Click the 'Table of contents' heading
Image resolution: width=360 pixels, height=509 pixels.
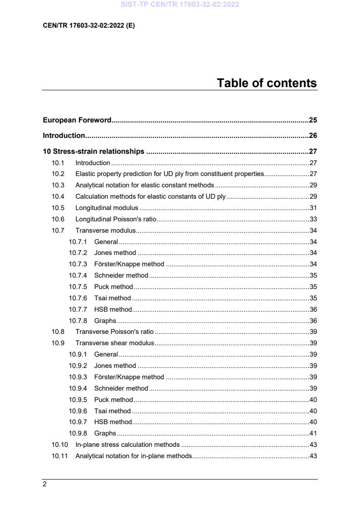tap(266, 83)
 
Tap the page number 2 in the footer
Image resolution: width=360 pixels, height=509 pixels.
tap(44, 484)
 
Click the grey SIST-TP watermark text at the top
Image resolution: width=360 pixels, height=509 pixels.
tap(180, 5)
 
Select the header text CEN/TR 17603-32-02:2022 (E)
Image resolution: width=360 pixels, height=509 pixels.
tap(89, 25)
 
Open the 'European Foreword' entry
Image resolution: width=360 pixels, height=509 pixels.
tap(77, 120)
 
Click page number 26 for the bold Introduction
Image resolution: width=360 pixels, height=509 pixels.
tap(312, 136)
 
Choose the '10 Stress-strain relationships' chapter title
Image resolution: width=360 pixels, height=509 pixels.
tap(94, 152)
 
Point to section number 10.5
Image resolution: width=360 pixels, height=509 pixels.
tap(58, 208)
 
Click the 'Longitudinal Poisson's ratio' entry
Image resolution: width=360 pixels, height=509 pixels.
tap(115, 219)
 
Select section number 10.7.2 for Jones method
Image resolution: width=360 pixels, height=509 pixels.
tap(78, 253)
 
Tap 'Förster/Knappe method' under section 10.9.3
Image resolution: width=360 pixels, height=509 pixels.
tap(129, 377)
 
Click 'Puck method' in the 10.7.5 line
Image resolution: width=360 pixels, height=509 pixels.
tap(113, 287)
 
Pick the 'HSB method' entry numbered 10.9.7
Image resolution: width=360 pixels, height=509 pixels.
tap(113, 422)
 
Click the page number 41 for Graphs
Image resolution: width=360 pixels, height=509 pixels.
tap(312, 433)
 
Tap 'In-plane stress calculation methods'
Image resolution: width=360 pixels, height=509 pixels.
tap(127, 445)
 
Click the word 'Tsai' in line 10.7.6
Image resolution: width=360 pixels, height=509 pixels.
tap(100, 298)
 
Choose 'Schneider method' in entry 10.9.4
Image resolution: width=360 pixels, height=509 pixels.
tap(121, 388)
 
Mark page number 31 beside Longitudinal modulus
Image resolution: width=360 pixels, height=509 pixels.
tap(312, 208)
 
